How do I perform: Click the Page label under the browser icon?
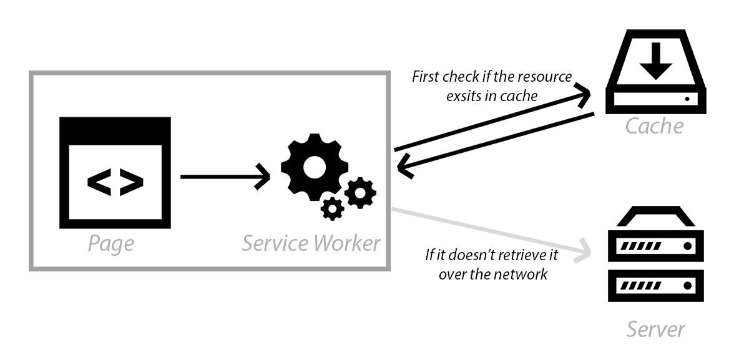coord(111,244)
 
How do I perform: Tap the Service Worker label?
coord(311,243)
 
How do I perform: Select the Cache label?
coord(654,127)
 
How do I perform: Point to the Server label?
coord(655,329)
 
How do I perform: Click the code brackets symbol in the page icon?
coord(115,182)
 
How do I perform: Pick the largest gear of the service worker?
coord(315,167)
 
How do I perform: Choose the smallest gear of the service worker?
coord(332,209)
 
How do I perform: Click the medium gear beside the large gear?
coord(361,193)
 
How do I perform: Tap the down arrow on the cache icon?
coord(656,61)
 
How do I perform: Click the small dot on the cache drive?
coord(687,99)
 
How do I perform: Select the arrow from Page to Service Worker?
coord(225,177)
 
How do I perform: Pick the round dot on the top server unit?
coord(688,246)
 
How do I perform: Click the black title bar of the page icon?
coord(115,130)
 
